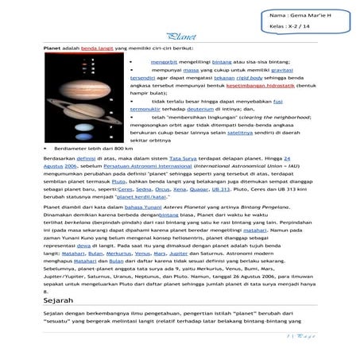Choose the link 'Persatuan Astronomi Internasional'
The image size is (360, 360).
tap(118, 167)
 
